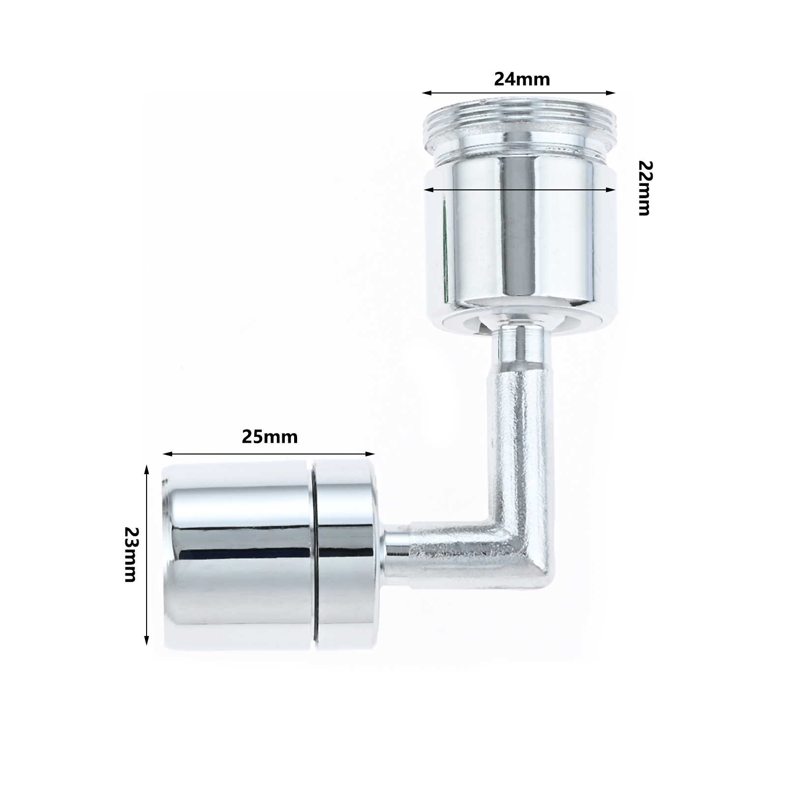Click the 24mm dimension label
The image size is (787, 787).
click(522, 79)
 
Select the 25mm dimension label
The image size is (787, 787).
click(270, 437)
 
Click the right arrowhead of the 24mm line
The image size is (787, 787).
click(611, 92)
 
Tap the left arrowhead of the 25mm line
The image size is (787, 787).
click(167, 454)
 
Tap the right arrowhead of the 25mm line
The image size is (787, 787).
click(370, 454)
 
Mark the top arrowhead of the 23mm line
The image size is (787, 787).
click(146, 470)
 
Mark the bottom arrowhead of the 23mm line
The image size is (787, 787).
click(146, 639)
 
